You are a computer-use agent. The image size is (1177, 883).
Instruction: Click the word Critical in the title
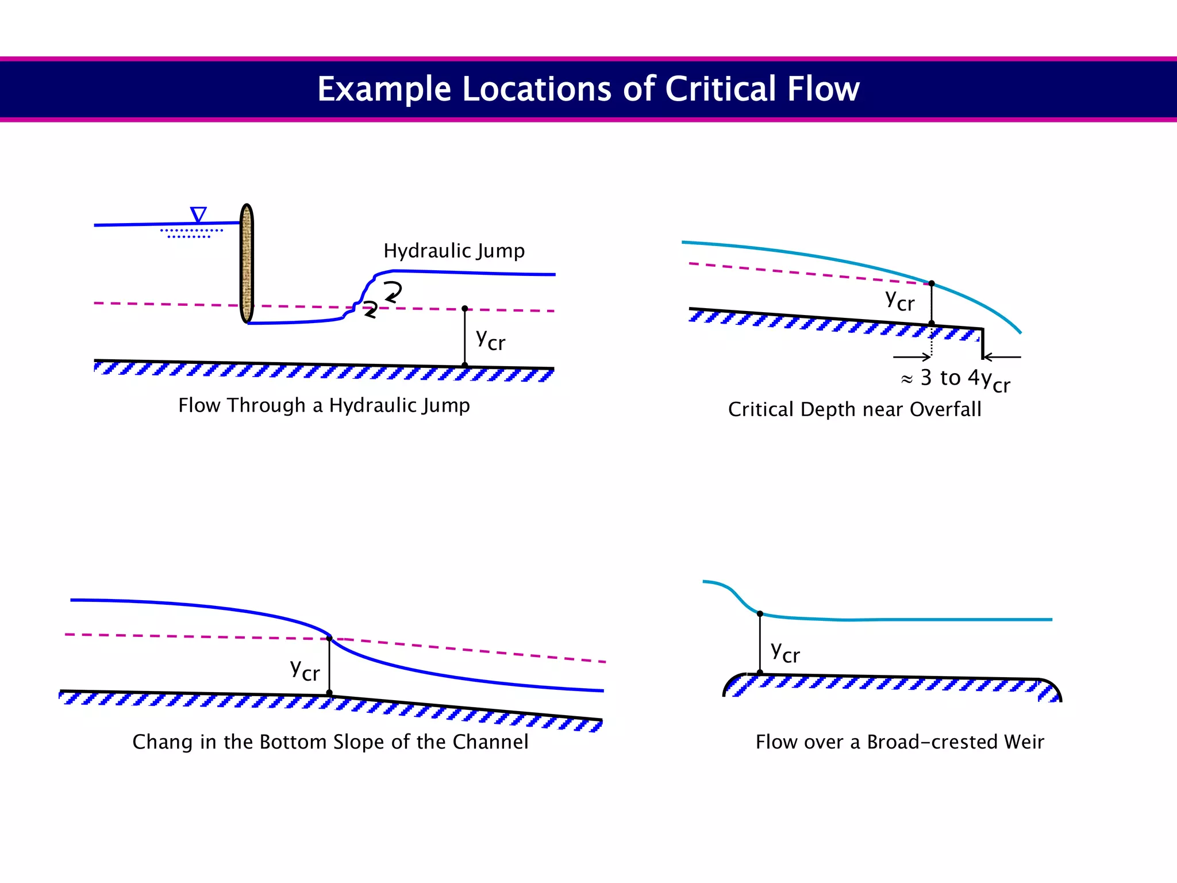click(x=721, y=89)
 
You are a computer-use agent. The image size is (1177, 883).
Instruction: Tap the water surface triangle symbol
click(x=198, y=215)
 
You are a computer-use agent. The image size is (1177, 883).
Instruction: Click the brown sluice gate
click(x=247, y=263)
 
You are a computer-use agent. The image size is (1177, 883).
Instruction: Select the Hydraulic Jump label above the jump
click(x=453, y=251)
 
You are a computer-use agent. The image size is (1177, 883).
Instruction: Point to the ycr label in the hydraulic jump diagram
click(x=490, y=340)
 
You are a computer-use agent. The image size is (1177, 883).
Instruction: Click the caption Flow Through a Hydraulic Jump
click(x=324, y=405)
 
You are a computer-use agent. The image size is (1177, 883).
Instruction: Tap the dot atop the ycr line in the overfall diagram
click(x=932, y=283)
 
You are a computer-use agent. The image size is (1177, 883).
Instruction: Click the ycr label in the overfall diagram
click(x=899, y=300)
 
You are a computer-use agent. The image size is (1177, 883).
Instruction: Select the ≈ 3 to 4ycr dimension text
click(x=955, y=379)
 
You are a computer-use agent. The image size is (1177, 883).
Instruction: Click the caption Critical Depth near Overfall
click(x=855, y=409)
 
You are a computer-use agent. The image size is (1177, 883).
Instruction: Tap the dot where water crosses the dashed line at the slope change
click(x=329, y=638)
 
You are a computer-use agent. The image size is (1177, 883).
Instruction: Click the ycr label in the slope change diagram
click(x=305, y=670)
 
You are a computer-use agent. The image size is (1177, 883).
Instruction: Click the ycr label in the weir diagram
click(x=785, y=652)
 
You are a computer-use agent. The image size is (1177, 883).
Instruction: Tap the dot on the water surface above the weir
click(x=760, y=614)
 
